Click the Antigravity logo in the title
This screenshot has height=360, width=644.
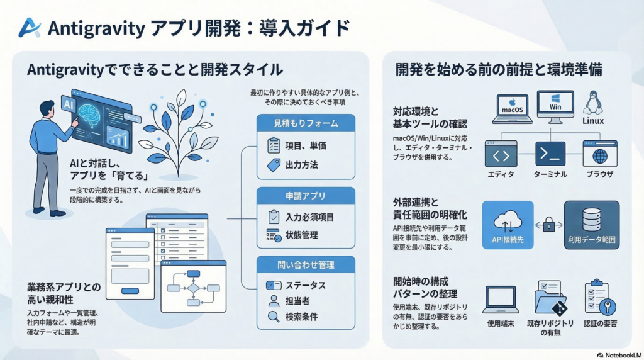[29, 28]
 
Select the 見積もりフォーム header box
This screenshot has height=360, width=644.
[306, 123]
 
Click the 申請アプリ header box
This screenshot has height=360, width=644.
[306, 196]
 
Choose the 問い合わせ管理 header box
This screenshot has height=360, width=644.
[306, 264]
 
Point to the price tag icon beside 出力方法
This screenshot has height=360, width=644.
[274, 165]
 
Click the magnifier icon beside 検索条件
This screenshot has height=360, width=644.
[274, 317]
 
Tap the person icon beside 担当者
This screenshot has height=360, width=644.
[274, 301]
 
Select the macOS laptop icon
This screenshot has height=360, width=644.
[512, 108]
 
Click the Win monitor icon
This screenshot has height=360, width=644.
[555, 106]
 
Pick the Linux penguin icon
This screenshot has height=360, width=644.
[592, 103]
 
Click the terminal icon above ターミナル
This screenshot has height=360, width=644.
[550, 154]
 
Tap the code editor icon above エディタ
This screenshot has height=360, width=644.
[501, 154]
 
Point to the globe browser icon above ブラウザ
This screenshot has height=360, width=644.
[600, 154]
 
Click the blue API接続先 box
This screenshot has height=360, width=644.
[507, 225]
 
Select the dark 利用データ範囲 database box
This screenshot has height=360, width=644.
[591, 225]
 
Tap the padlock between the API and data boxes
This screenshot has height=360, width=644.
[549, 223]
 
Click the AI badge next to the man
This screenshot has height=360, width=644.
[68, 104]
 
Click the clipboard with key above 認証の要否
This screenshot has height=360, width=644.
[597, 298]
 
